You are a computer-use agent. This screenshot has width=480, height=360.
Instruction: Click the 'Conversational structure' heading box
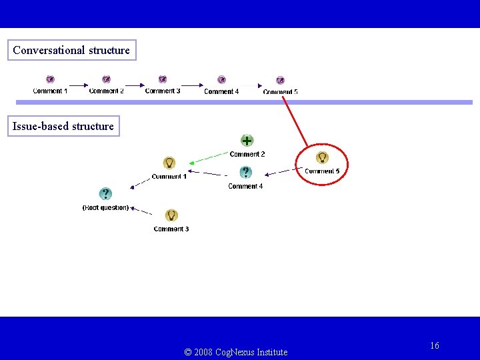click(71, 50)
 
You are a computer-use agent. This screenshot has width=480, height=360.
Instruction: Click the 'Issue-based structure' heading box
click(63, 126)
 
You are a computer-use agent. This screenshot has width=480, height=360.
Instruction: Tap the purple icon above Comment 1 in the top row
click(50, 80)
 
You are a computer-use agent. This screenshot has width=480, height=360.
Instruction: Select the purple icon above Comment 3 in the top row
click(162, 80)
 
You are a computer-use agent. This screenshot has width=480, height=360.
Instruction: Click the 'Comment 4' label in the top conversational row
click(221, 91)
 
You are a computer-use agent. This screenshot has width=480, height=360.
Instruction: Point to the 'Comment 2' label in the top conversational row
click(106, 91)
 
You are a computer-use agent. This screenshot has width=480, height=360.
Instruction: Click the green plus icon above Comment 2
click(247, 141)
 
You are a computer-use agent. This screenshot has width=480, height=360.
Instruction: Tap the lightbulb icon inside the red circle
click(322, 157)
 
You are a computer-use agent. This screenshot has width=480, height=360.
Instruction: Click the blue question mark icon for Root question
click(105, 194)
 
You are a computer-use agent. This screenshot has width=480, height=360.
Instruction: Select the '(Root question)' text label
click(105, 207)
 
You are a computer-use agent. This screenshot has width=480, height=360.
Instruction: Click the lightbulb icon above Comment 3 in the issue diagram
click(171, 215)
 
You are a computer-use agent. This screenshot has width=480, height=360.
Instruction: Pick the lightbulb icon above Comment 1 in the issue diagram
click(169, 163)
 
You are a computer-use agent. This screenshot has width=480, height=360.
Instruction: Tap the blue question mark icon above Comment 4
click(245, 172)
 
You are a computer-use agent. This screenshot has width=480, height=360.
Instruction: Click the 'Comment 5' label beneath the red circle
click(322, 171)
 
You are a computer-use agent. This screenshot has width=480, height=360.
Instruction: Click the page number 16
click(435, 345)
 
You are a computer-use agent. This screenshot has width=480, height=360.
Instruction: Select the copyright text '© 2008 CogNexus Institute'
click(235, 352)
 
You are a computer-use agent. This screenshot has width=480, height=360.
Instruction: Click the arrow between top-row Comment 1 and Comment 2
click(79, 85)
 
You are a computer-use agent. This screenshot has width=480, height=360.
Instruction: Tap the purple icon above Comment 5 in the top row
click(280, 81)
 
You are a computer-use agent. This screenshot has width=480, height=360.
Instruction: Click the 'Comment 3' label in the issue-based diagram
click(171, 229)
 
